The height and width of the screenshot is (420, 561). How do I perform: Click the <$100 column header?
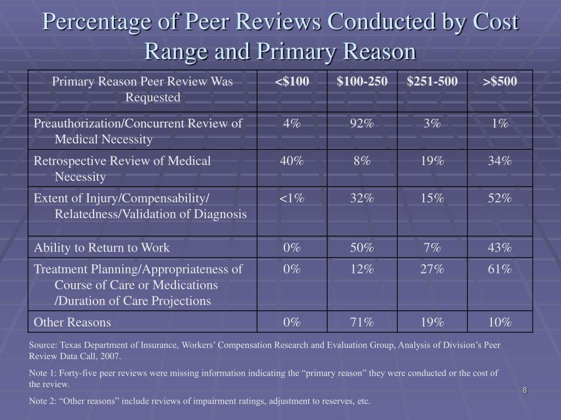point(292,81)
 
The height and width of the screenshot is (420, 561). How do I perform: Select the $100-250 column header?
point(362,81)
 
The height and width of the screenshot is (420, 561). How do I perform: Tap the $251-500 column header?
point(432,81)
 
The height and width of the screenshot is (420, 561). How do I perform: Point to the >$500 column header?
point(500,81)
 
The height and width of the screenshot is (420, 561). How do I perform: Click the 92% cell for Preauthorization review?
point(362,123)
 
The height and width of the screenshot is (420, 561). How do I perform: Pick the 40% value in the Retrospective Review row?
point(292,161)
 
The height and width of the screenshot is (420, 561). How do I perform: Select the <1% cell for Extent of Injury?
point(292,198)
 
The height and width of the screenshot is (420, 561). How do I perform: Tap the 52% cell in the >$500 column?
point(500,198)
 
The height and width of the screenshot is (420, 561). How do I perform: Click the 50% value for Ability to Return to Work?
point(362,248)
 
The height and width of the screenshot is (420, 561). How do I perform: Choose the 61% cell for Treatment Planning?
point(500,269)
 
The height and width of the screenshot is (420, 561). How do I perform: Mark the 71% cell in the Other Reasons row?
point(362,322)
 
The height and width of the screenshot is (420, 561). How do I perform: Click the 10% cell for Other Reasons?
point(500,322)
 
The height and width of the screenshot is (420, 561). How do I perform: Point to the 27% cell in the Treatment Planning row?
point(432,269)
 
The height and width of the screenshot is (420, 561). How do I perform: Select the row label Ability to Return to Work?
point(101,248)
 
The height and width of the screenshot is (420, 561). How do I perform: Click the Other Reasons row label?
point(72,322)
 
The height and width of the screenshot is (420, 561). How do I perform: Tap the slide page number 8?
point(525,390)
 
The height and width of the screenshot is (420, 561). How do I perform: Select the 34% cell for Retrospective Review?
point(500,161)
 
